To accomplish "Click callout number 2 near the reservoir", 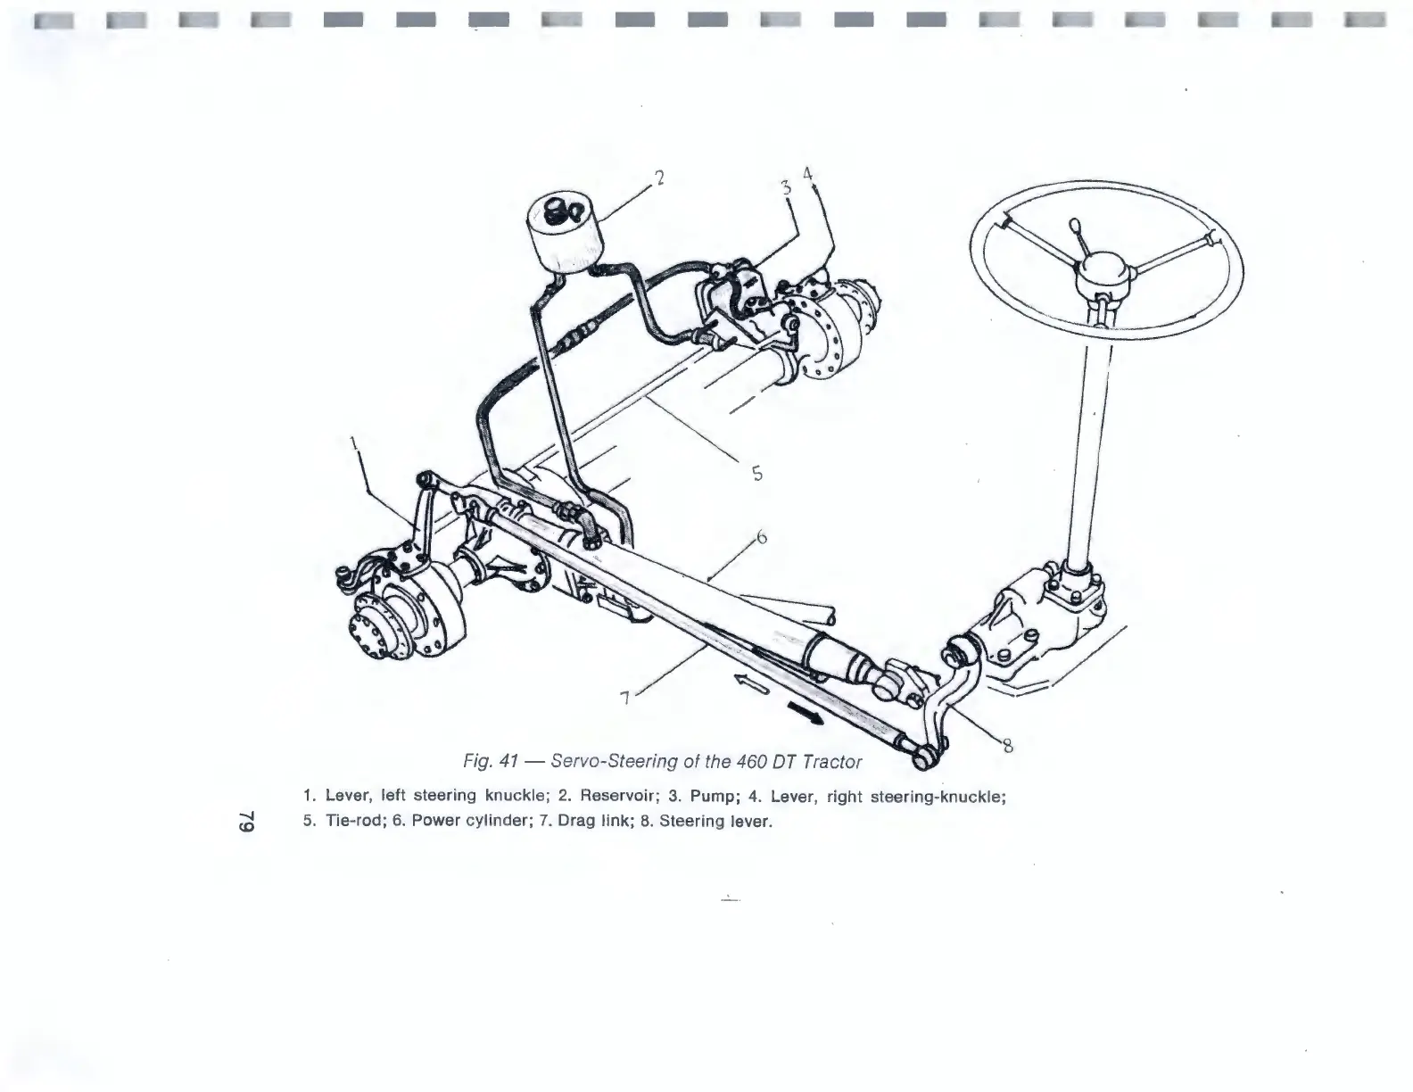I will click(x=659, y=178).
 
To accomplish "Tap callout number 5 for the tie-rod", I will click(x=756, y=474).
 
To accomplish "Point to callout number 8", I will click(x=1007, y=749).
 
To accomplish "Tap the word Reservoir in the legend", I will click(x=621, y=796).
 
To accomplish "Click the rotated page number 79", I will click(x=251, y=822).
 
